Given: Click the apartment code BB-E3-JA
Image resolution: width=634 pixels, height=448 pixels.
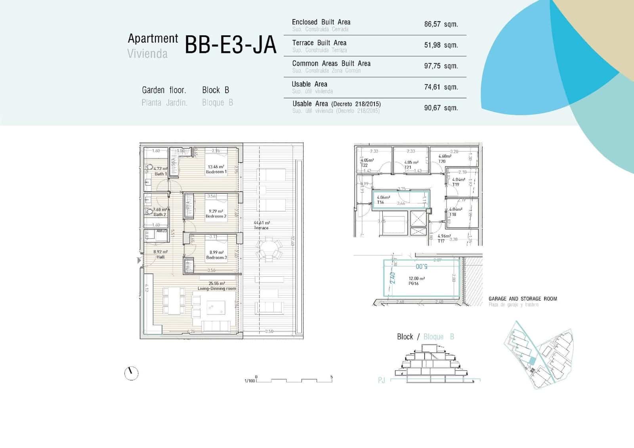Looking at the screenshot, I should (x=230, y=45).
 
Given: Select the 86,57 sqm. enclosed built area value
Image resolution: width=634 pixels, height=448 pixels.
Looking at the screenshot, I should (x=441, y=24).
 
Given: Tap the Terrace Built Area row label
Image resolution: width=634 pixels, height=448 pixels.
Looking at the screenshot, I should (x=319, y=43).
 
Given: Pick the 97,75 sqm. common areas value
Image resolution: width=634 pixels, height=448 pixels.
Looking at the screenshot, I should (x=441, y=66).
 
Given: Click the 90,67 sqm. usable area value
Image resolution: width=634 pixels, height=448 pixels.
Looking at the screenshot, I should (x=441, y=108).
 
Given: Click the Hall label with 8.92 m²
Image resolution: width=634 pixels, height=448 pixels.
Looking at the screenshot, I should (x=160, y=255).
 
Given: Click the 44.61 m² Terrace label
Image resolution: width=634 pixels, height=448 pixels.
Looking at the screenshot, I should (x=262, y=226).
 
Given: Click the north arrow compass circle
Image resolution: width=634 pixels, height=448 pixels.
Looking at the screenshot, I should (x=131, y=373).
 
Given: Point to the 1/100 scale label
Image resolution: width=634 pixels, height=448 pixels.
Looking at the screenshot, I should (x=249, y=381).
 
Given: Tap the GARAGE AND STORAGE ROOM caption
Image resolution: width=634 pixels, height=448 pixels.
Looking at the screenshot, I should (x=522, y=299).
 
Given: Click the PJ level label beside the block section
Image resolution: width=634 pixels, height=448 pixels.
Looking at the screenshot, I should (x=381, y=381).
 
